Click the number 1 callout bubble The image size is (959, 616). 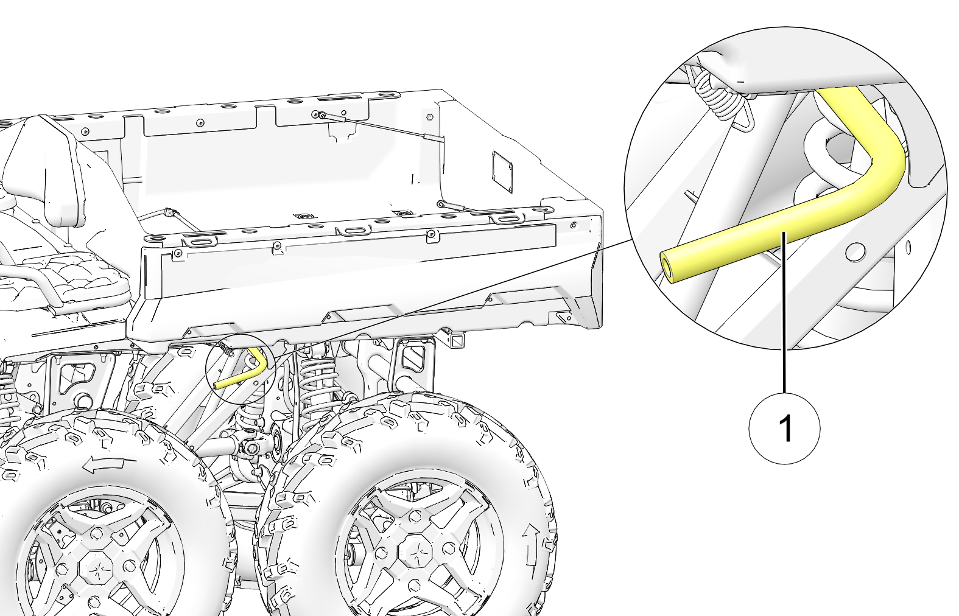pyautogui.click(x=784, y=428)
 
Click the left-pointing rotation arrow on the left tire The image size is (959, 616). pyautogui.click(x=110, y=465)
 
